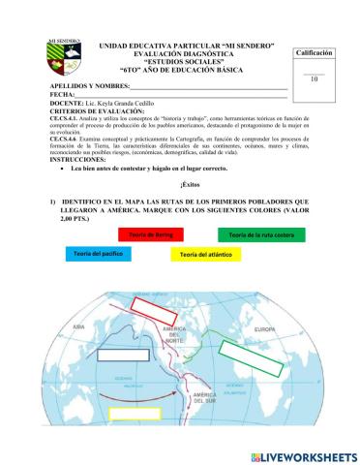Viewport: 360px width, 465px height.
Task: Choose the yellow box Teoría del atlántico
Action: tap(203, 254)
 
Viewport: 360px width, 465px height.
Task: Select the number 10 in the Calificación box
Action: tap(314, 79)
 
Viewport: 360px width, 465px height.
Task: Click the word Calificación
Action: tap(314, 52)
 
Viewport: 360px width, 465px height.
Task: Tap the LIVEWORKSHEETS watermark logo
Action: tap(302, 455)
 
